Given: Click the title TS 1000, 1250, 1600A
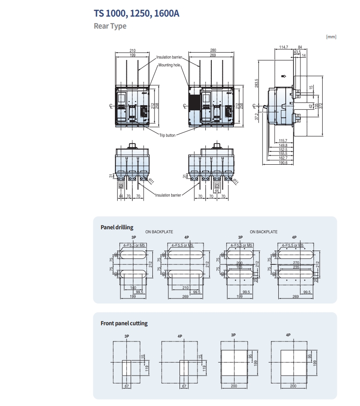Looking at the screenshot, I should coord(136,13).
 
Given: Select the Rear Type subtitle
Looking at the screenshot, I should coord(110,26).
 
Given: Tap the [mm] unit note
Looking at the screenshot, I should coord(331,36).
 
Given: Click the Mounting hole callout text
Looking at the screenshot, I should coord(169,66).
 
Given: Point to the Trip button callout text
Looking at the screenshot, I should coord(168,135).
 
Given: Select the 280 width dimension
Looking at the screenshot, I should coord(213,50).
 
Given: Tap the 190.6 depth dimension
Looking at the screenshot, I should coord(283,162).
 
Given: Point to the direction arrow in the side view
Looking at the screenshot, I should coord(284,77).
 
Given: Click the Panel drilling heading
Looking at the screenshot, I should coord(117,227).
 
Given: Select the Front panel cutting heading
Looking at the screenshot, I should coord(124,323).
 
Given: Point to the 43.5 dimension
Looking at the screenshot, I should coord(298,52).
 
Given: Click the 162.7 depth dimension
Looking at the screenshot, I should coord(283,158).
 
